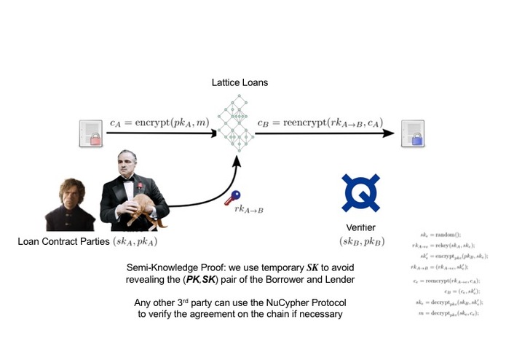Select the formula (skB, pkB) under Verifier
pyautogui.click(x=361, y=240)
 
